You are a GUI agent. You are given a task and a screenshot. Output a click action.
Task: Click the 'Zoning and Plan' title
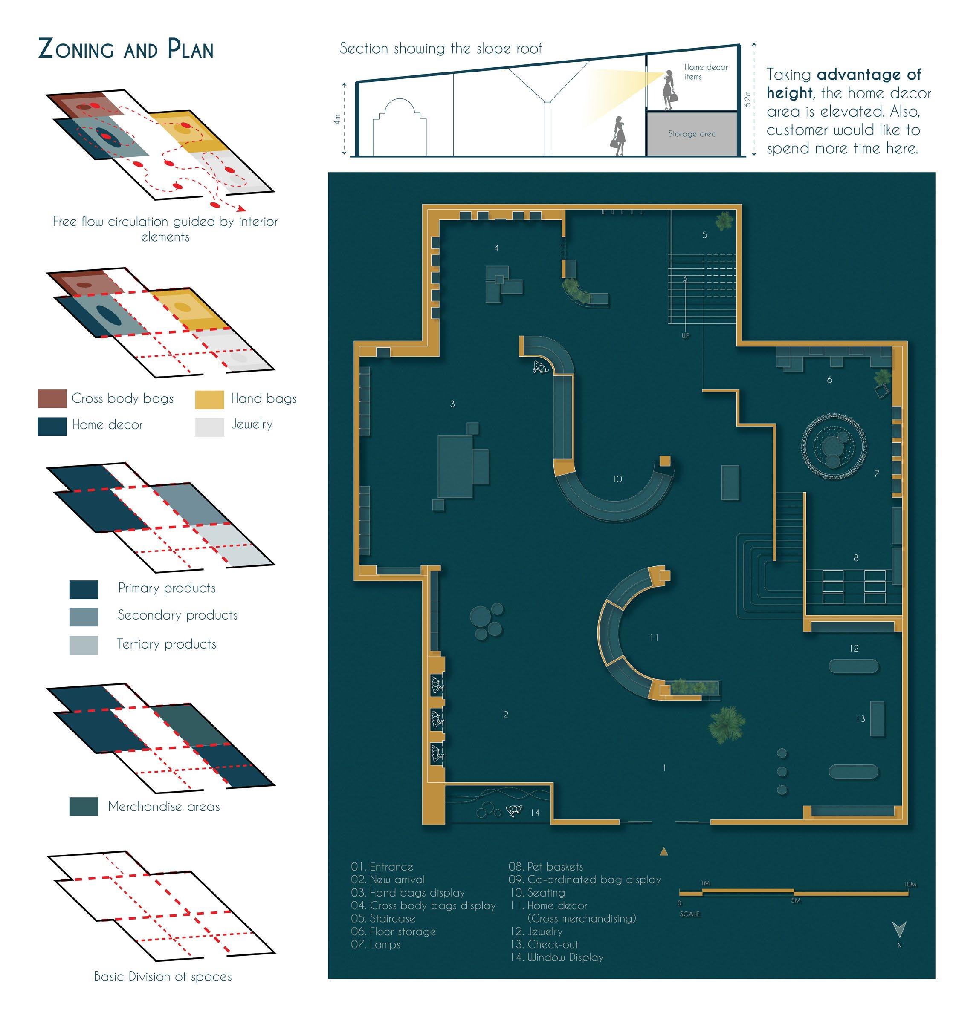coord(126,49)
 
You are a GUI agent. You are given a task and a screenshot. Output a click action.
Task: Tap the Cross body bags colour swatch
coord(52,399)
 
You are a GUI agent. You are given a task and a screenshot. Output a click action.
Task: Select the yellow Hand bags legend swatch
coord(209,399)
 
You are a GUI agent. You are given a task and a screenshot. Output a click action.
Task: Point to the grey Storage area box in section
coord(692,134)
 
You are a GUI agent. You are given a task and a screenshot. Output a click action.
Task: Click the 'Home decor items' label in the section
coord(705,72)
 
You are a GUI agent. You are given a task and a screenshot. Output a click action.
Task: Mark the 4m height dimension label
coord(337,119)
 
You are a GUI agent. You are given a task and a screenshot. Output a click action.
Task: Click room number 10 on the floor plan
coord(617,479)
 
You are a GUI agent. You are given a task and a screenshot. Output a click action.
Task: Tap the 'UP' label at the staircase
coord(685,335)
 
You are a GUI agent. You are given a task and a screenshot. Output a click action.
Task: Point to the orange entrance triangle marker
coord(664,851)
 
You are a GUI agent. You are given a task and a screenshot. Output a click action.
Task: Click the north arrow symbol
coord(899,929)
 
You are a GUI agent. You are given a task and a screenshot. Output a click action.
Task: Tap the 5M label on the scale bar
coord(796,900)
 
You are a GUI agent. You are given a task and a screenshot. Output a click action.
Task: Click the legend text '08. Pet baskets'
coord(545,866)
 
